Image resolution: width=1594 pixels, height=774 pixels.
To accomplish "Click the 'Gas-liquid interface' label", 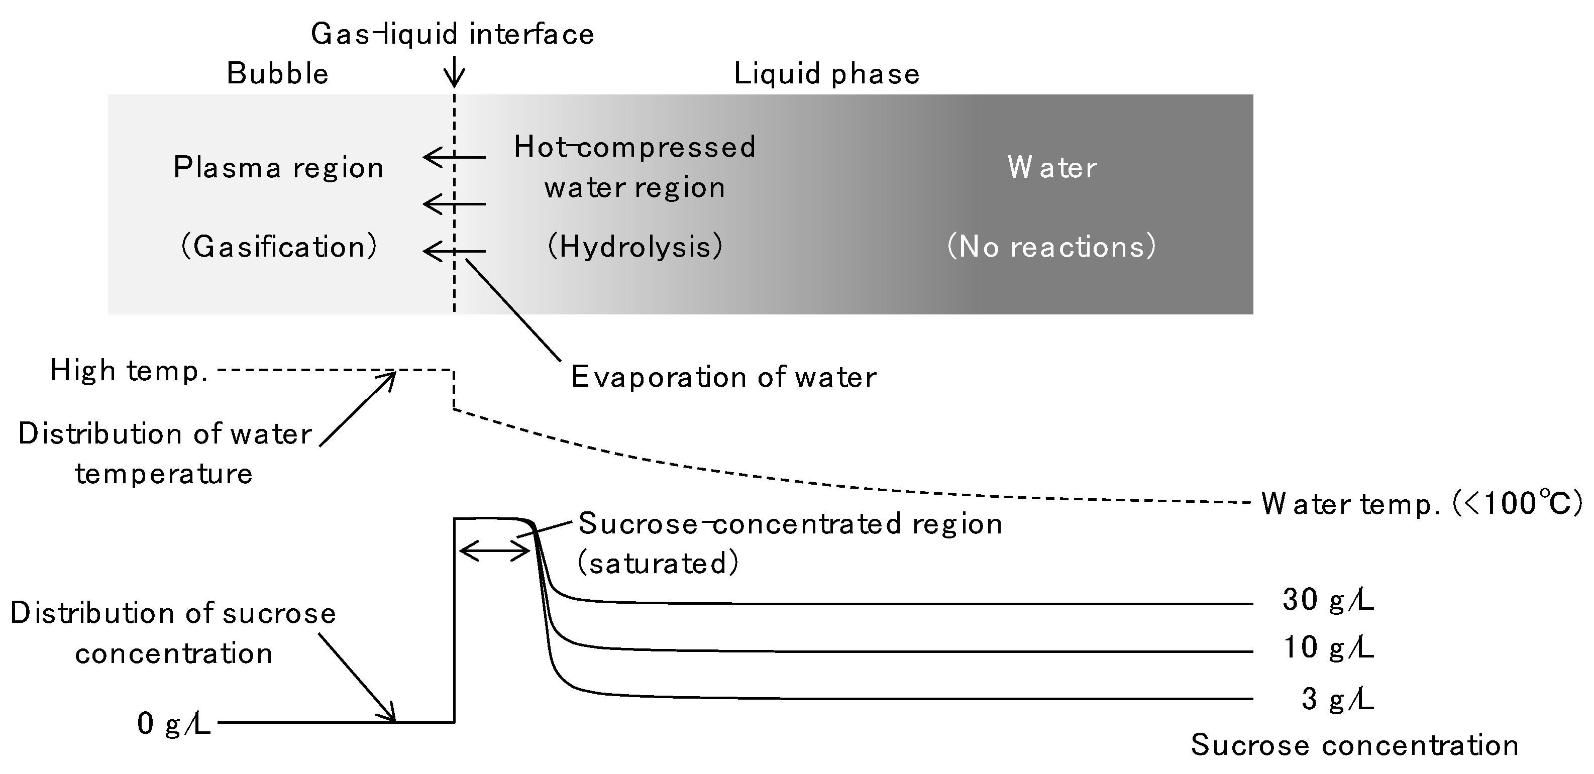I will tap(452, 34).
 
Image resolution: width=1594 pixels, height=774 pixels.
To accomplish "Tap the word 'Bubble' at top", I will tap(277, 74).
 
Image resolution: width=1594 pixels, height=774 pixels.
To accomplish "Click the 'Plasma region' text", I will tap(278, 168).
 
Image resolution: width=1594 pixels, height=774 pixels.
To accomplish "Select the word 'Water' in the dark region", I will tap(1052, 168).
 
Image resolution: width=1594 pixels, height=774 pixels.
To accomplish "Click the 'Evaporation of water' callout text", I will tap(723, 377).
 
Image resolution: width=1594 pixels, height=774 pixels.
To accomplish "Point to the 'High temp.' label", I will tap(129, 371).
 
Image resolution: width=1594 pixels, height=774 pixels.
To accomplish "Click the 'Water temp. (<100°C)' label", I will tap(1421, 504).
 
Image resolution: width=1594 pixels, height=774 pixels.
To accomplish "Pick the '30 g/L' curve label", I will tap(1328, 600).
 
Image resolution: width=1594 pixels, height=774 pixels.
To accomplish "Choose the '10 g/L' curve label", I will tap(1328, 648).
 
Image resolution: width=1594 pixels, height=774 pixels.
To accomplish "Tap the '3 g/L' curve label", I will tap(1337, 700).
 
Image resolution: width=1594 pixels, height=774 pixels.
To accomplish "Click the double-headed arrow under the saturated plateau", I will tap(495, 550).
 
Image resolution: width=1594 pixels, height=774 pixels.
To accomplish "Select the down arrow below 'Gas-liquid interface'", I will tap(454, 73).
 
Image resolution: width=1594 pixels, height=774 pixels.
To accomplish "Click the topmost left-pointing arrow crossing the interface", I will tap(454, 157).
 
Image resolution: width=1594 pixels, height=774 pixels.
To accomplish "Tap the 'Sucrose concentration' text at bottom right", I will tap(1354, 745).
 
